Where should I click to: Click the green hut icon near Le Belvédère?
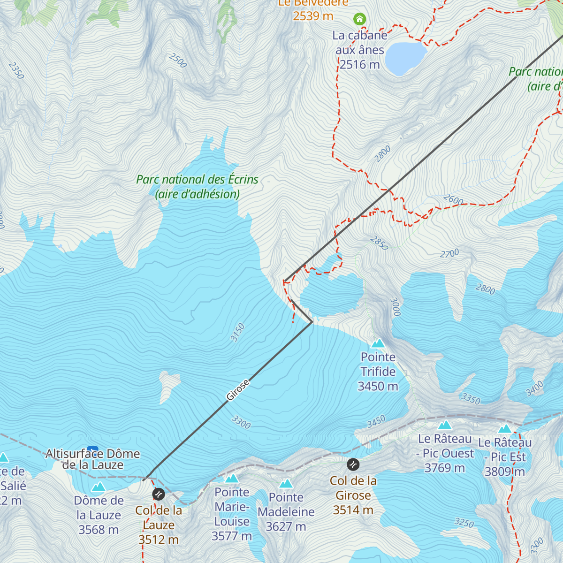point(359,19)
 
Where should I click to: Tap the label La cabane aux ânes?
point(359,43)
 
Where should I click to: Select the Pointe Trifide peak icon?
point(378,343)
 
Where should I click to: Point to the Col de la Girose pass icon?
point(353,464)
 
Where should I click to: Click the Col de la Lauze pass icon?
point(159,494)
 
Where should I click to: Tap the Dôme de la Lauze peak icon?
point(99,487)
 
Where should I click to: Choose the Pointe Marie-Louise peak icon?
point(232,479)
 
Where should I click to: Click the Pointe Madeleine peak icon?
point(286,484)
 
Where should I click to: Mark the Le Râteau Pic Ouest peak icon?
point(445,425)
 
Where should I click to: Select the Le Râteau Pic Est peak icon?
point(505,429)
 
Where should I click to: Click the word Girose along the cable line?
point(238,390)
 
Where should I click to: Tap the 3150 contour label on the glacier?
point(238,332)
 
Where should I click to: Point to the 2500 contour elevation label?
point(178,61)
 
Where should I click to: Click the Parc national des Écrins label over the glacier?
point(197,186)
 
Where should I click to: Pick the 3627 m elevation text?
point(286,527)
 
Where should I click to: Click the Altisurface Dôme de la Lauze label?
point(93,459)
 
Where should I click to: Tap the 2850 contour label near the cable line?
point(379,243)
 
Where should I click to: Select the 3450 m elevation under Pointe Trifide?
point(378,387)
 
